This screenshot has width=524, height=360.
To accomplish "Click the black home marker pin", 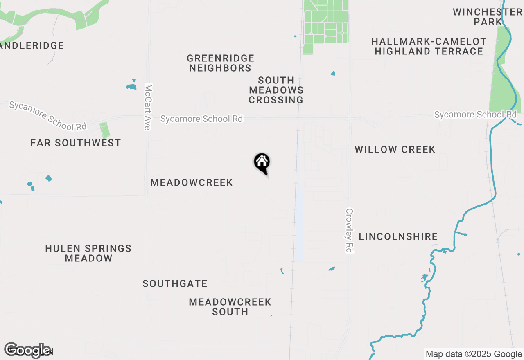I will tap(262, 163).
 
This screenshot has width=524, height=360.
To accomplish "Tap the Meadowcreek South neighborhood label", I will tap(230, 307).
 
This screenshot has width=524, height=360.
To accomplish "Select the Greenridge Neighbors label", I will tap(221, 63).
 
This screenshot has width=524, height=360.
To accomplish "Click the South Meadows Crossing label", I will tap(276, 90).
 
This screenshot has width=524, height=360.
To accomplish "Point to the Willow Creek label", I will tap(395, 149).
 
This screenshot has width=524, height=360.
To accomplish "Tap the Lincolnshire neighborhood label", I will tap(398, 236).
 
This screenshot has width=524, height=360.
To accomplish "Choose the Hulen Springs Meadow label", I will tap(88, 253).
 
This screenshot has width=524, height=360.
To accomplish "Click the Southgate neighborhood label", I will tap(175, 283).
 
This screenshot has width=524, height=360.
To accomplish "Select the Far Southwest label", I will tap(76, 143).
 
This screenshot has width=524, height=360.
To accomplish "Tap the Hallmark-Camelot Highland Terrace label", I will tap(429, 46).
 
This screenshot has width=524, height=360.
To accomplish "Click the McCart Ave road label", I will tap(148, 107).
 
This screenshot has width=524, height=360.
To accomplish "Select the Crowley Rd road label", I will tap(349, 231).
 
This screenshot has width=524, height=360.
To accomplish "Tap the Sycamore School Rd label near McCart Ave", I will tap(201, 119).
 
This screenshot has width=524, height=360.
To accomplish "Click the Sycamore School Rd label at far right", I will tap(475, 115).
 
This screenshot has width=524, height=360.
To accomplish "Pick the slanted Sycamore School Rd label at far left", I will tap(47, 116).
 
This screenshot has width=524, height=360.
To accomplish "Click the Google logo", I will tap(27, 350).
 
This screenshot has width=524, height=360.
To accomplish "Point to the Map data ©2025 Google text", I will tap(474, 354).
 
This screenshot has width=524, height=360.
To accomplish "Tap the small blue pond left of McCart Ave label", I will tap(131, 87).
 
